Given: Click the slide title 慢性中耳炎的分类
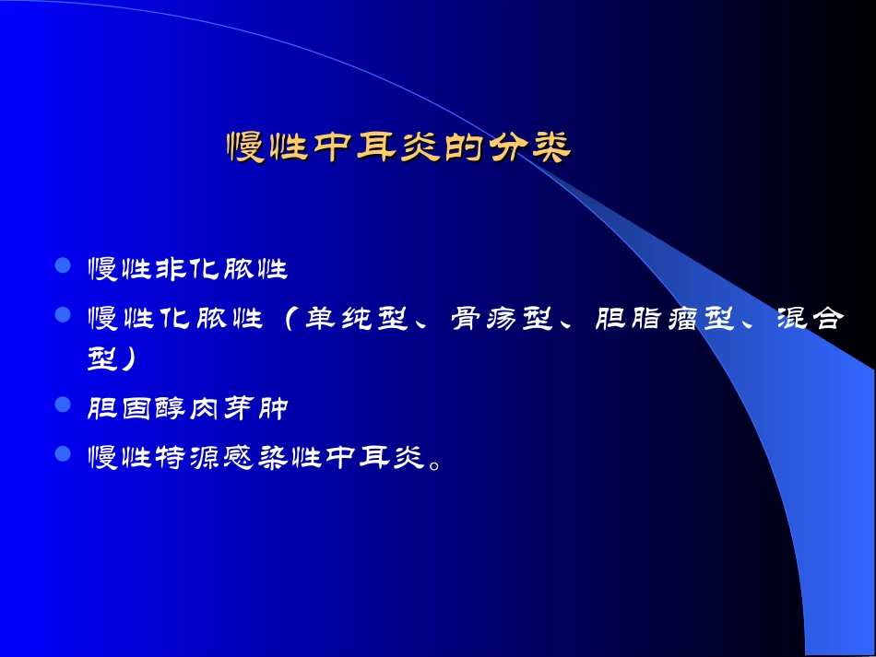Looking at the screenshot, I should [398, 147].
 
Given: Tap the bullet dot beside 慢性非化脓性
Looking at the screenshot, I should [64, 267].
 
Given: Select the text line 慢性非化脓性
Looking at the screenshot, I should [187, 270].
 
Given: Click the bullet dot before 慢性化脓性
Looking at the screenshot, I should [64, 316].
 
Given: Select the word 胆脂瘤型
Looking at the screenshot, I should [666, 319].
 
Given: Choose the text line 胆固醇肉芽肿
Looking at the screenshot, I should [187, 408].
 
